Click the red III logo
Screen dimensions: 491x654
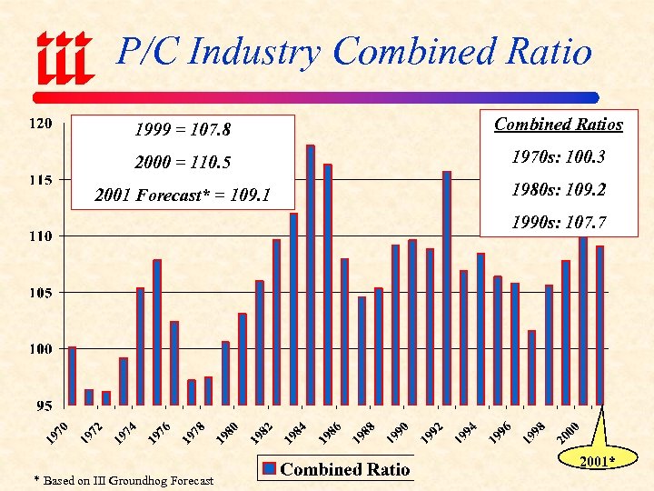[64, 55]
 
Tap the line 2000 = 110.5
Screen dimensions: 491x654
[183, 163]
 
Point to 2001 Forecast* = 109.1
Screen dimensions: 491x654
[183, 195]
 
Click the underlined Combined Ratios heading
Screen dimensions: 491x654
[558, 125]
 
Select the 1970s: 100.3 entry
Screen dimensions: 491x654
[558, 157]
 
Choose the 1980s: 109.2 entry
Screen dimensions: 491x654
[558, 191]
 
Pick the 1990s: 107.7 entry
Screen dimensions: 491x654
[558, 223]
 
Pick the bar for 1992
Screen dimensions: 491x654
[447, 287]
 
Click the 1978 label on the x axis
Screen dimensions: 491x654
[193, 433]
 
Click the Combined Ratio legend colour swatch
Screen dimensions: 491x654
[270, 470]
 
